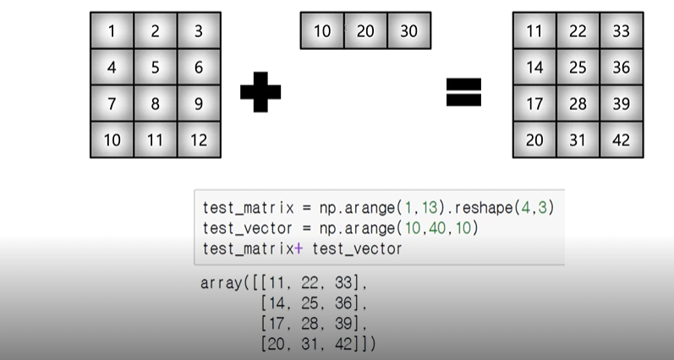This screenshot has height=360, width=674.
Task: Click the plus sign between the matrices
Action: click(260, 91)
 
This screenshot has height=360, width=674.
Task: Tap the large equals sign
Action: click(463, 91)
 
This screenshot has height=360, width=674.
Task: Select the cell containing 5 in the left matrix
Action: click(156, 68)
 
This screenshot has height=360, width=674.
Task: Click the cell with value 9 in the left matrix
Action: click(199, 103)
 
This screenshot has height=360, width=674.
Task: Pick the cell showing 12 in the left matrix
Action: click(199, 139)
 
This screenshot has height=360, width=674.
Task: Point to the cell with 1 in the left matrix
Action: click(112, 32)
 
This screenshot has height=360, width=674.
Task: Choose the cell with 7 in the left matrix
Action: click(112, 103)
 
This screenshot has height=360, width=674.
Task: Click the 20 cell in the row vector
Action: click(365, 31)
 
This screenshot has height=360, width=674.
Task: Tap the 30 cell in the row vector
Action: click(408, 31)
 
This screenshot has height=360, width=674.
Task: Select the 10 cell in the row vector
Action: click(322, 31)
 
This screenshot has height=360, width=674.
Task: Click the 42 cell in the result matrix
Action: click(622, 139)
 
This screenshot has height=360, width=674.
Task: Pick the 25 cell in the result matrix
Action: click(578, 68)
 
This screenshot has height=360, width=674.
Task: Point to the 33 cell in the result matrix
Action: click(622, 32)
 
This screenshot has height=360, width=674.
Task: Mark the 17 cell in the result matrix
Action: click(534, 103)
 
